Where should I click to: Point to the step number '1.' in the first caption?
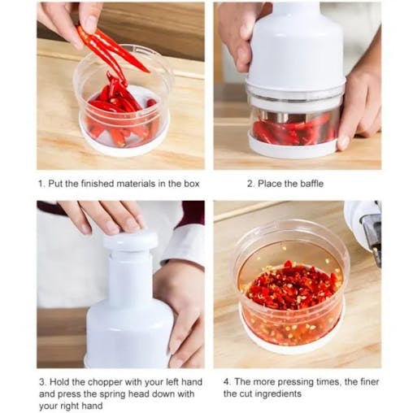(x=41, y=184)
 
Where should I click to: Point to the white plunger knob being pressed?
(x=130, y=241)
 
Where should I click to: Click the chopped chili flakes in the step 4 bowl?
(x=289, y=289)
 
